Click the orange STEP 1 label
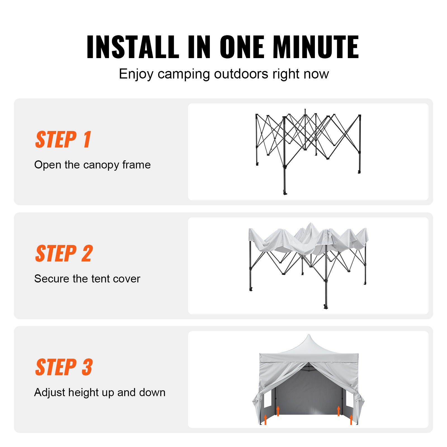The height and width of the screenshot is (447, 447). pyautogui.click(x=63, y=139)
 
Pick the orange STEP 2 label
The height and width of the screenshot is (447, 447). pyautogui.click(x=64, y=253)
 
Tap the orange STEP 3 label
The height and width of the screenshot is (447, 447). pyautogui.click(x=64, y=367)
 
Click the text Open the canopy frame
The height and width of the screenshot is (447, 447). pyautogui.click(x=92, y=165)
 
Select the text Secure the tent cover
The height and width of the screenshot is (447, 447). pyautogui.click(x=87, y=279)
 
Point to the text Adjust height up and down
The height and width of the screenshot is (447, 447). pyautogui.click(x=100, y=393)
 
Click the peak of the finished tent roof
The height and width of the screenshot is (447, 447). pyautogui.click(x=309, y=336)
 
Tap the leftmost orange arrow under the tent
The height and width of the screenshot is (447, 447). pyautogui.click(x=265, y=419)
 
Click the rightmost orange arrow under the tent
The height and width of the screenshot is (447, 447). pyautogui.click(x=351, y=419)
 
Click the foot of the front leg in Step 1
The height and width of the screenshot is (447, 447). pyautogui.click(x=285, y=193)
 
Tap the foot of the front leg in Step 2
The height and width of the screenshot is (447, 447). pyautogui.click(x=326, y=307)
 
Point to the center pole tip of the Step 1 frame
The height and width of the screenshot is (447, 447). pyautogui.click(x=305, y=110)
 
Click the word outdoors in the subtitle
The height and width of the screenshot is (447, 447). pyautogui.click(x=241, y=74)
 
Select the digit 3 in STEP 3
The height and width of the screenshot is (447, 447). pyautogui.click(x=87, y=367)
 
